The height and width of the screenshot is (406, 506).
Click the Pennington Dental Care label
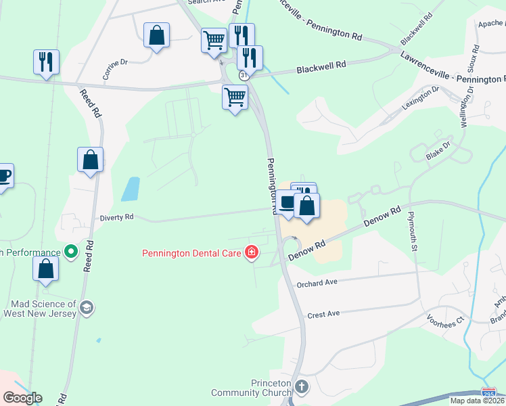(x=191, y=254)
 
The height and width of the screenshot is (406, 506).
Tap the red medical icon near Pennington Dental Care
(x=252, y=253)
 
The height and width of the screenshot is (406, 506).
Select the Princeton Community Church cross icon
(x=302, y=387)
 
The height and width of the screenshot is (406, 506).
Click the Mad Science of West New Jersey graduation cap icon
(x=86, y=308)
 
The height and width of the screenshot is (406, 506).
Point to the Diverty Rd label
(x=117, y=217)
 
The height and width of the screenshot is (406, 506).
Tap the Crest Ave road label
(x=323, y=315)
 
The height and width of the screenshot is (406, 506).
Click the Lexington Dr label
(x=421, y=97)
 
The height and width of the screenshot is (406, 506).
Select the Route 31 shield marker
(x=244, y=75)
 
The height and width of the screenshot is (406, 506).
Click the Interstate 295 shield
(x=487, y=392)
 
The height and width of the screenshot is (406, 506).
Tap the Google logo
(x=22, y=398)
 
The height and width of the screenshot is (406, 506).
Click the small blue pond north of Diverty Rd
(x=131, y=189)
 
